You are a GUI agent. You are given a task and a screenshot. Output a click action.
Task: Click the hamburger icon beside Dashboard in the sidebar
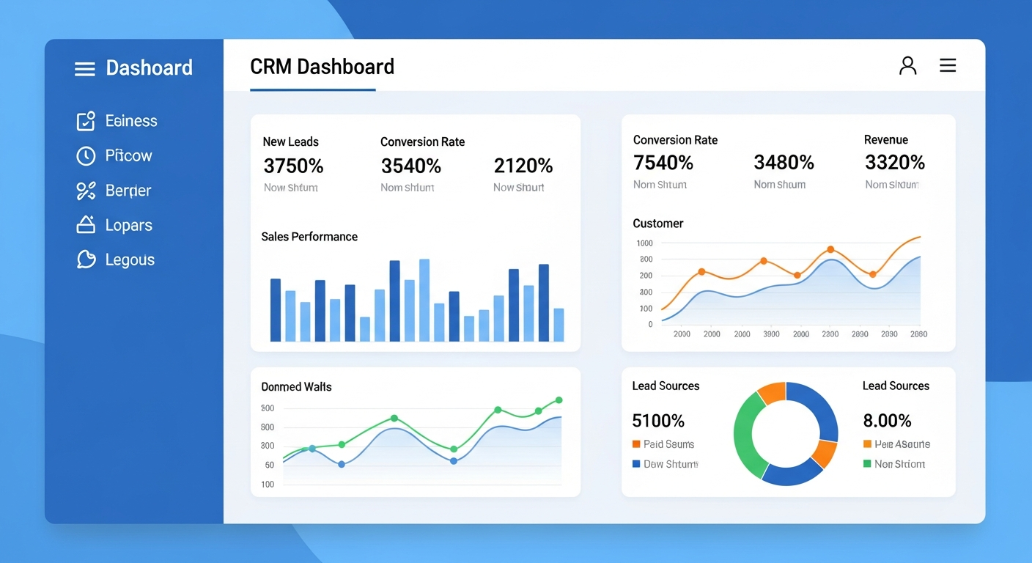click(85, 69)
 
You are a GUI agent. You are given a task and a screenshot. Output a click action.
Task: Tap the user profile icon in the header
click(907, 66)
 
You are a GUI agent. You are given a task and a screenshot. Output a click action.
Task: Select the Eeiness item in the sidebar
click(130, 121)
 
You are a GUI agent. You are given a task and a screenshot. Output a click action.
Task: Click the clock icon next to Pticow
click(86, 155)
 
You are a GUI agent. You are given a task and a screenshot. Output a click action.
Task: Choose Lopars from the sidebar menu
click(128, 225)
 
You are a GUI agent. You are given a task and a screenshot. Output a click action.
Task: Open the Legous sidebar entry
click(129, 260)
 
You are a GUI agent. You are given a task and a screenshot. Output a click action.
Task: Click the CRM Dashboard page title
click(322, 67)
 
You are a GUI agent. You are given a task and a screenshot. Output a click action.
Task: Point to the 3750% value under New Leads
click(293, 166)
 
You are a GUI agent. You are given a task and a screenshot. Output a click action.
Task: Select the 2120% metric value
click(523, 166)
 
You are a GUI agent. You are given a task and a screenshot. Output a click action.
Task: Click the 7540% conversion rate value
click(663, 162)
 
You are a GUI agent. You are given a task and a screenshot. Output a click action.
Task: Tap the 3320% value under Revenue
click(894, 162)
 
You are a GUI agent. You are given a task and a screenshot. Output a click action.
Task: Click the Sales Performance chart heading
click(309, 237)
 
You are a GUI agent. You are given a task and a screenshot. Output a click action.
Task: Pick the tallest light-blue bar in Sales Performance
click(424, 300)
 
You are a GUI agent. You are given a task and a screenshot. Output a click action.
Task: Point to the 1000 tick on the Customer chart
click(644, 243)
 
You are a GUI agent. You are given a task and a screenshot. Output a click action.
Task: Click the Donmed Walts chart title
click(296, 387)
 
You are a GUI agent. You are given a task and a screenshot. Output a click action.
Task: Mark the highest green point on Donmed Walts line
click(559, 400)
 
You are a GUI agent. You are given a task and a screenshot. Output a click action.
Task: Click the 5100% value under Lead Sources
click(657, 421)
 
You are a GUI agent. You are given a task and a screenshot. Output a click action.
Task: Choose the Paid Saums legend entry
click(668, 444)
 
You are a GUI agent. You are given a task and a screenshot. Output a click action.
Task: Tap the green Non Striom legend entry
click(899, 464)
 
